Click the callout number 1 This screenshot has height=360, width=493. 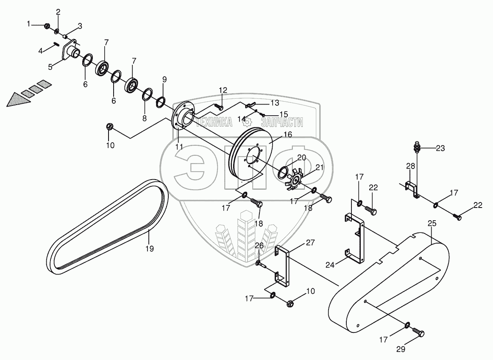pyautogui.click(x=29, y=24)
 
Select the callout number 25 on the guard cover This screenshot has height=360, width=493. pyautogui.click(x=432, y=223)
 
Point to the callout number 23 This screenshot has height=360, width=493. pyautogui.click(x=440, y=148)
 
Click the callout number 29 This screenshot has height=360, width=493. pyautogui.click(x=401, y=349)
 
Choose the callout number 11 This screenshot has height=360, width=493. pyautogui.click(x=179, y=147)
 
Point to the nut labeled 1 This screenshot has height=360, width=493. pyautogui.click(x=47, y=27)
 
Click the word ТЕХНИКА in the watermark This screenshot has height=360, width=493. pyautogui.click(x=214, y=122)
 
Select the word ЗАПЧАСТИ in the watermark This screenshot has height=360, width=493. pyautogui.click(x=281, y=122)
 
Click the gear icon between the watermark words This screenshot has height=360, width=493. pyautogui.click(x=248, y=122)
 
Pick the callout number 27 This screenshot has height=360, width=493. pyautogui.click(x=310, y=243)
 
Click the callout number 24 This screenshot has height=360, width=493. pyautogui.click(x=330, y=265)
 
